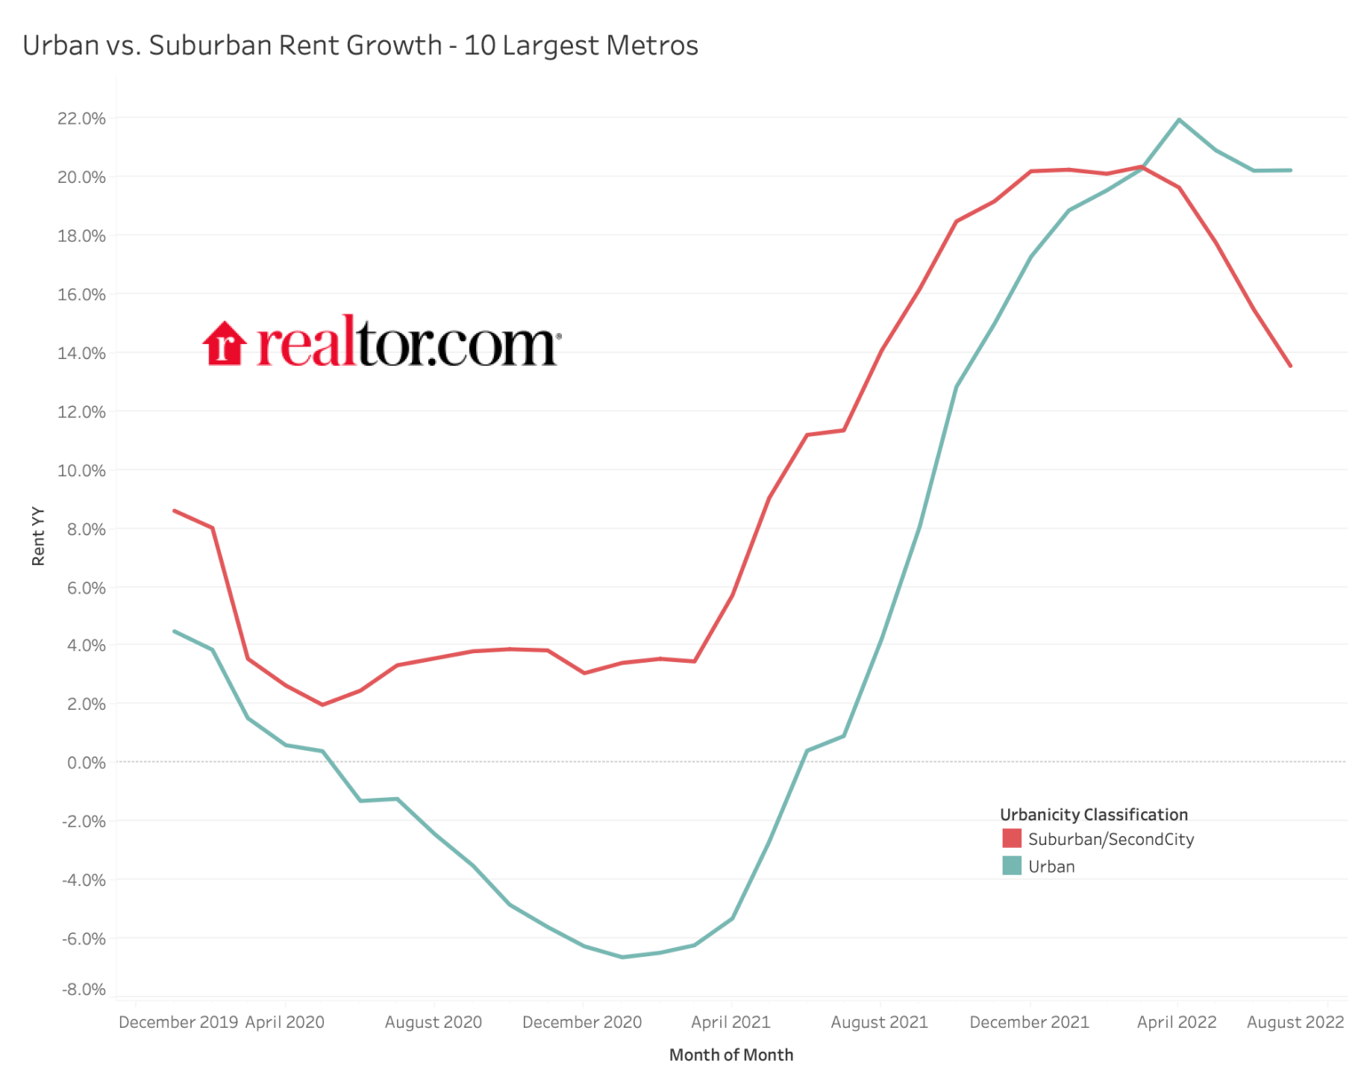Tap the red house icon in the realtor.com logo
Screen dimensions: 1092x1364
[224, 344]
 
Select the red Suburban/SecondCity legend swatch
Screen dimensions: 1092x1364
[1011, 839]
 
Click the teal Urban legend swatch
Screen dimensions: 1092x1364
[1011, 866]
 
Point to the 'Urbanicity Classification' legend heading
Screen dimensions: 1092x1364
[1093, 815]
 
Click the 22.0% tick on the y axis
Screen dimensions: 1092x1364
[82, 118]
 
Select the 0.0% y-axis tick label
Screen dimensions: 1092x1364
[86, 762]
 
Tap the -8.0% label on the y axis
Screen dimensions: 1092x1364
[83, 989]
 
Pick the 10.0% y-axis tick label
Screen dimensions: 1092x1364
[82, 470]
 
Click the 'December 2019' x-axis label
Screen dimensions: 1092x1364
[178, 1022]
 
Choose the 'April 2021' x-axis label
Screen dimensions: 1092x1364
[731, 1022]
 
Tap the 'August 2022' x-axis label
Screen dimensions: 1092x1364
[1295, 1022]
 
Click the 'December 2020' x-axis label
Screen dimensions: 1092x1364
[582, 1022]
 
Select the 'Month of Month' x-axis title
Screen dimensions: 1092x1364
[731, 1055]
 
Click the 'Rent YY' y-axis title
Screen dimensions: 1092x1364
[38, 536]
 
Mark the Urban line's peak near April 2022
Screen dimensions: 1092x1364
[1178, 119]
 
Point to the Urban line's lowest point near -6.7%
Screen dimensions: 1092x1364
[622, 957]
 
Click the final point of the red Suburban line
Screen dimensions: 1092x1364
[1290, 365]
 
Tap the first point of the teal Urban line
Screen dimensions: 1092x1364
[174, 631]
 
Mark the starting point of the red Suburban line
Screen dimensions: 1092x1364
[174, 510]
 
